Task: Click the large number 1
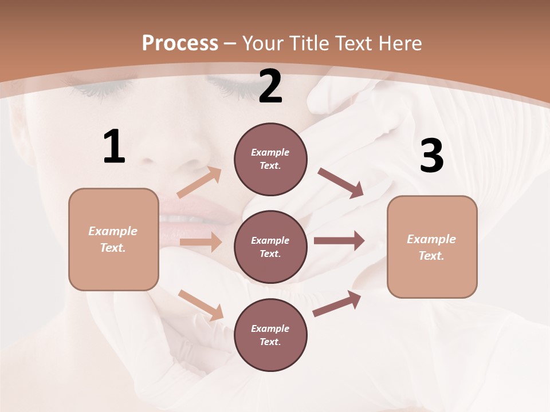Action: pos(114,147)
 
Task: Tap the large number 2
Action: pos(270,86)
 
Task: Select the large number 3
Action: pos(431,156)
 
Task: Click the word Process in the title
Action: pos(180,43)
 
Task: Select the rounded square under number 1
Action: pos(113,239)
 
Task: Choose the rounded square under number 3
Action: pos(432,247)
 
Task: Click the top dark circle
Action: pos(270,159)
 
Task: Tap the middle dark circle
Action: pos(270,247)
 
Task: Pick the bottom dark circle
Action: pos(270,335)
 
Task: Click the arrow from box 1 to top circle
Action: pos(199,182)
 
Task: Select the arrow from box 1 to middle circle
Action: pos(201,242)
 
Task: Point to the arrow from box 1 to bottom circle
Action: pos(201,305)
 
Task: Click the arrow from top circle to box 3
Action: pos(341,183)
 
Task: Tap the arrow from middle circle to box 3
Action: pos(339,240)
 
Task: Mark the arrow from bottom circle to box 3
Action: pos(337,304)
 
